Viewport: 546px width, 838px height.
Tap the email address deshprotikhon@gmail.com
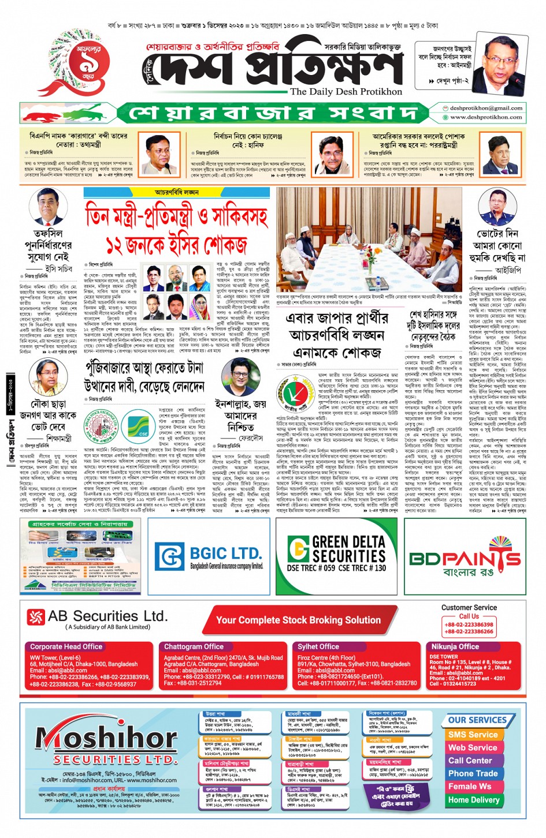tap(486, 108)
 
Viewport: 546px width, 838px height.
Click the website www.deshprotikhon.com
tap(486, 117)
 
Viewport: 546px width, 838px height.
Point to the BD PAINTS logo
tap(465, 559)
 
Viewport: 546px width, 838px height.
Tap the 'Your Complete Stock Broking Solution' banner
tap(298, 620)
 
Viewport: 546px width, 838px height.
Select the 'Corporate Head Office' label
tap(66, 647)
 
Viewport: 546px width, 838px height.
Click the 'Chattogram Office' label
tap(194, 647)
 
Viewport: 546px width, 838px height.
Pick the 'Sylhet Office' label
tap(318, 647)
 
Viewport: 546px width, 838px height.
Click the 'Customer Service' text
tap(469, 608)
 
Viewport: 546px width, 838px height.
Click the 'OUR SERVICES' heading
tap(477, 720)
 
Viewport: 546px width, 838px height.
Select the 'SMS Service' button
tap(473, 735)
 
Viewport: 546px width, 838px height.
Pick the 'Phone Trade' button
tap(473, 773)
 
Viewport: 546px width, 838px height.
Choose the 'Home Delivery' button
tap(473, 800)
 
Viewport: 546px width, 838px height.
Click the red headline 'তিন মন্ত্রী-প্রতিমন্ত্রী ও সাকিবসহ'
tap(177, 218)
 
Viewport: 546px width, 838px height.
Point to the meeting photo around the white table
tap(369, 238)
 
